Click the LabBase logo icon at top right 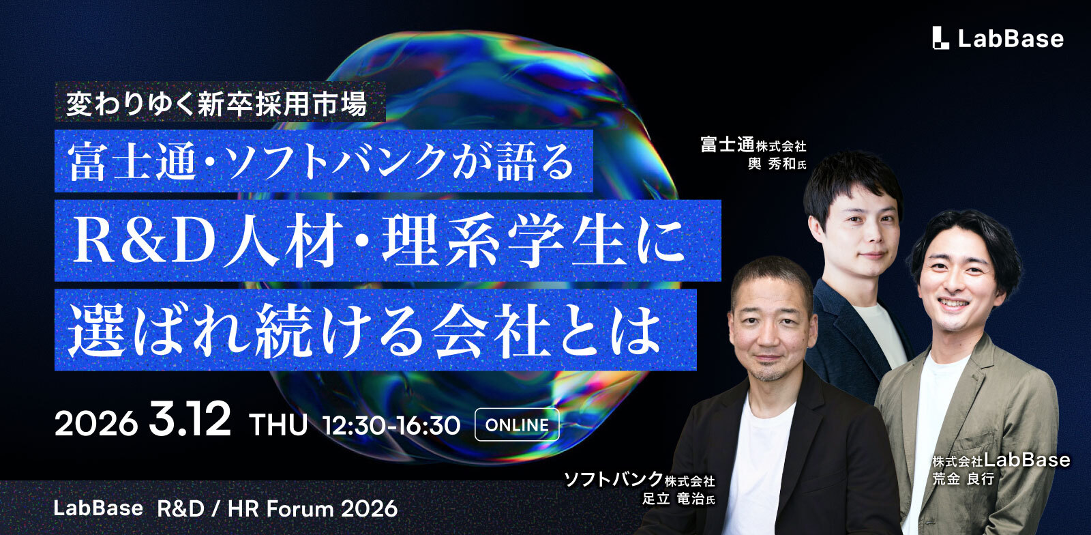(940, 38)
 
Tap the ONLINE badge (517, 424)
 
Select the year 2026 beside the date (95, 424)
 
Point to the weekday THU (278, 424)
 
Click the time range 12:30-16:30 (392, 424)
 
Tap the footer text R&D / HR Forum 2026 (277, 508)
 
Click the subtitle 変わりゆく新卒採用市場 (217, 104)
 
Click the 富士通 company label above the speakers (727, 145)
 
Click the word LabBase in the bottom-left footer (98, 508)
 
